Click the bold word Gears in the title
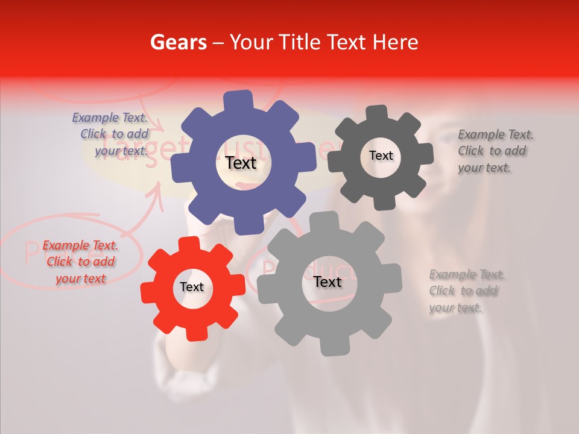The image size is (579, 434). pos(178,42)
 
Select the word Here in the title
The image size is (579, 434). pos(396,42)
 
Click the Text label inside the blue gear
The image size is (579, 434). pos(241,163)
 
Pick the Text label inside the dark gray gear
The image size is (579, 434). pos(381,156)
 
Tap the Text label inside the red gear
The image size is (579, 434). pos(192,288)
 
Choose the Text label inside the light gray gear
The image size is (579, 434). pos(327,282)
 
